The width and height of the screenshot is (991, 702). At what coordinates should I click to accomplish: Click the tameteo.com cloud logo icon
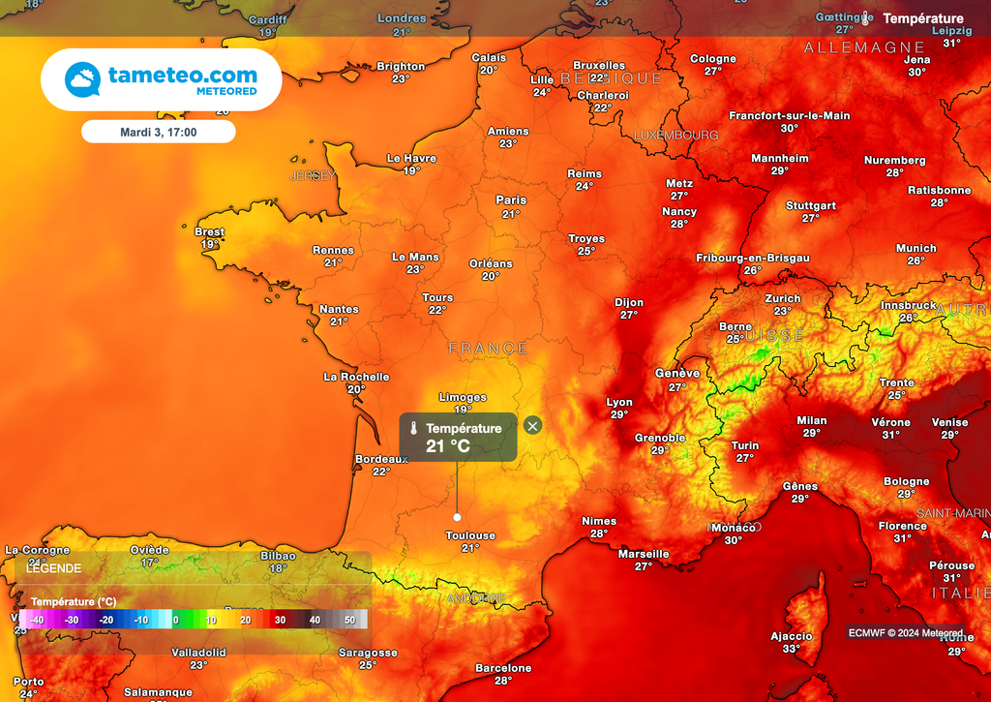tap(82, 79)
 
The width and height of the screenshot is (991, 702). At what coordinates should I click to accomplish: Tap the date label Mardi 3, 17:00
tap(158, 132)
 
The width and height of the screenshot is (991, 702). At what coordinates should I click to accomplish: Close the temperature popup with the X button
tap(532, 425)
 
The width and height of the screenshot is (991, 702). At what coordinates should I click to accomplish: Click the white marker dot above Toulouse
tap(457, 517)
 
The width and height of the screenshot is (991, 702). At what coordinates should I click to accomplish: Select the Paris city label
tap(511, 200)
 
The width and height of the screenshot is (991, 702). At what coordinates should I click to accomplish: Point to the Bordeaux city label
tap(381, 459)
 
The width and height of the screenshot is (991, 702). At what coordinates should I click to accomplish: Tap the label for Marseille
tap(644, 554)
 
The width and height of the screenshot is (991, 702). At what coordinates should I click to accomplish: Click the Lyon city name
tap(619, 402)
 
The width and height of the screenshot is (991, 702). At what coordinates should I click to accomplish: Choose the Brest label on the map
tap(209, 232)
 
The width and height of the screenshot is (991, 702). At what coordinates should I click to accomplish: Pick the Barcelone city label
tap(503, 668)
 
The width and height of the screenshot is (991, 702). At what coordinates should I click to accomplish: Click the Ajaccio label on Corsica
tap(791, 636)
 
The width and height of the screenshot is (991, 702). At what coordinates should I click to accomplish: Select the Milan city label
tap(811, 420)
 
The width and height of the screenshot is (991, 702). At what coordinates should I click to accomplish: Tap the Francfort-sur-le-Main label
tap(790, 115)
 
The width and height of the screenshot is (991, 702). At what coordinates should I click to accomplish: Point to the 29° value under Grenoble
tap(660, 450)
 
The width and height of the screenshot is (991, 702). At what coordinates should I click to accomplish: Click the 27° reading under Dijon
tap(629, 315)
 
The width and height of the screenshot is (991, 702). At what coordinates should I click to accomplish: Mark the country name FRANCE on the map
tap(488, 349)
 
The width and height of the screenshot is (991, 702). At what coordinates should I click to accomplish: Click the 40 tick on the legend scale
tap(315, 620)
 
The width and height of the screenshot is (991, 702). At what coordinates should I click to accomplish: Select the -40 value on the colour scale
tap(37, 620)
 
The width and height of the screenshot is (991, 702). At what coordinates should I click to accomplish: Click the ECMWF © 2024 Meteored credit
tap(905, 632)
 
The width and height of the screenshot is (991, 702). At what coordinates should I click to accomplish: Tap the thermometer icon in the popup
tap(413, 429)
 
